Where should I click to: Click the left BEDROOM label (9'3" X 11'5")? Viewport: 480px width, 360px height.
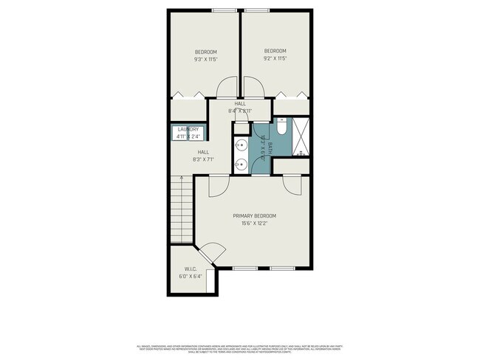tap(205, 55)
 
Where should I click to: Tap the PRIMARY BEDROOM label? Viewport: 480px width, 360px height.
tap(254, 219)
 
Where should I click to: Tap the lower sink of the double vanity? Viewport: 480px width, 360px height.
tap(241, 164)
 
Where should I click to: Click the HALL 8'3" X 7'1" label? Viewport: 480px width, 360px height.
tap(203, 156)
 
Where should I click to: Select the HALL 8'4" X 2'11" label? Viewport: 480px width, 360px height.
tap(240, 108)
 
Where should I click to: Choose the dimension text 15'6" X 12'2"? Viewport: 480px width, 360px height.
tap(254, 224)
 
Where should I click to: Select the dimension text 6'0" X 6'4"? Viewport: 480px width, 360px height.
tap(190, 277)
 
